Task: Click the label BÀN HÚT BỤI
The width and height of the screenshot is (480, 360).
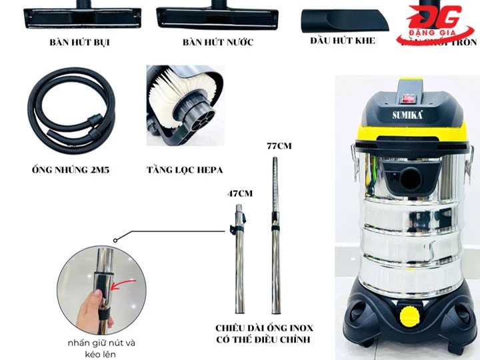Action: click(x=79, y=43)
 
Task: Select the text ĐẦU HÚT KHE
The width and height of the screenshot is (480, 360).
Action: click(x=343, y=41)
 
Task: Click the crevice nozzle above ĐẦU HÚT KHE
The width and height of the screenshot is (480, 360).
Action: click(x=343, y=20)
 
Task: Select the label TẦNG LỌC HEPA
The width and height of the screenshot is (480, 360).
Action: click(x=185, y=170)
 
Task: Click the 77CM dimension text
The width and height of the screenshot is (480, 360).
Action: click(x=279, y=145)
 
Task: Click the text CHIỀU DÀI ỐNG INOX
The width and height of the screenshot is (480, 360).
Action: click(x=264, y=329)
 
